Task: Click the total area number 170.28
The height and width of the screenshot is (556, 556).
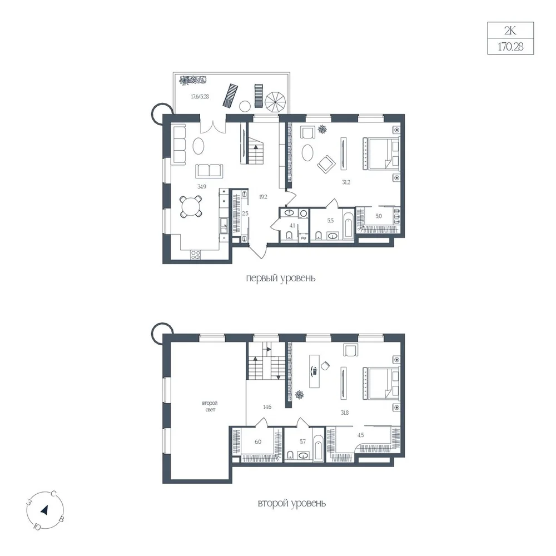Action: (510, 47)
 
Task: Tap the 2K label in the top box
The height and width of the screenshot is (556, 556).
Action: (510, 31)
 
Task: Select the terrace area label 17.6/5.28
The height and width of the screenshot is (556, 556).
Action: (200, 96)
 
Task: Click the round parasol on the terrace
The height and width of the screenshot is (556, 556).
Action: (276, 102)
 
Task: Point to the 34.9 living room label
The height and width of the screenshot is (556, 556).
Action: (202, 186)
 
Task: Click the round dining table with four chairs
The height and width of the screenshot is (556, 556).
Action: (191, 206)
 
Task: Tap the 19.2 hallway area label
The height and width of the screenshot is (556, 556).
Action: (263, 197)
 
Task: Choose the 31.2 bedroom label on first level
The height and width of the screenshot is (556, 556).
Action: (346, 182)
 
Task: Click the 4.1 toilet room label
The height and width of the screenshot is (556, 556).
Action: (292, 225)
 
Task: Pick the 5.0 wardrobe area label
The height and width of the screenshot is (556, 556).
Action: (379, 216)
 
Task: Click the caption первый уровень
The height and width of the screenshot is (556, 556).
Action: (280, 278)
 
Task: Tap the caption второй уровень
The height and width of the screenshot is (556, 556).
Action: (291, 503)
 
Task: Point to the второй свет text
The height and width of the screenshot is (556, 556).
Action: (210, 406)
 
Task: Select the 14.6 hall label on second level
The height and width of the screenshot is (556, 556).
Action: (267, 407)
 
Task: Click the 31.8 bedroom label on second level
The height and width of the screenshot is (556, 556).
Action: (344, 413)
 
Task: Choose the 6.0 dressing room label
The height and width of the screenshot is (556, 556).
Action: (258, 442)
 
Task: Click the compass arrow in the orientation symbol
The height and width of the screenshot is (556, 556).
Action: (44, 510)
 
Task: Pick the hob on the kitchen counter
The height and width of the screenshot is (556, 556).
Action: (195, 255)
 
